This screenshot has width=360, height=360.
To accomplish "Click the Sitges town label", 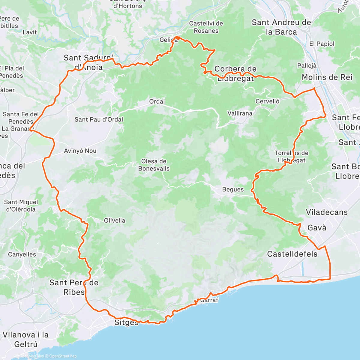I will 126,323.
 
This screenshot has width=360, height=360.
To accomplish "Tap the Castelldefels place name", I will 292,254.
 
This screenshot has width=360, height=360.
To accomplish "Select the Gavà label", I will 317,228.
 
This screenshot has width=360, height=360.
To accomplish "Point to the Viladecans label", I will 327,212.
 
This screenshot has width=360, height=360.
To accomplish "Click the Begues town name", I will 233,190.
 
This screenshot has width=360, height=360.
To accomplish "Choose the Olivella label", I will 115,220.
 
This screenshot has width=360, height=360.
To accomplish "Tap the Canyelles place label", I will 22,254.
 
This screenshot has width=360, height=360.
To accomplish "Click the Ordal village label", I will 157,102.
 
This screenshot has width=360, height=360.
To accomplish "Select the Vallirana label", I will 240,113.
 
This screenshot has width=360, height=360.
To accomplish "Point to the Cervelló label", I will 267,101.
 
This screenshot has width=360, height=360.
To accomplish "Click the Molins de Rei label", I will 327,77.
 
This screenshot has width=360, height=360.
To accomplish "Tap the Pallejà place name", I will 307,66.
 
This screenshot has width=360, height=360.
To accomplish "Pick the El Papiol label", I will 322,44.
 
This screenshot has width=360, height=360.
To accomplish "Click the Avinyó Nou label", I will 80,151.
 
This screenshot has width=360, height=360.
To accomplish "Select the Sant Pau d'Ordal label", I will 99,119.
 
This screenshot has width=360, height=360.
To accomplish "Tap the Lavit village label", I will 30,32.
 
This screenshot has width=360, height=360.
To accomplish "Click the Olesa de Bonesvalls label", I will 154,165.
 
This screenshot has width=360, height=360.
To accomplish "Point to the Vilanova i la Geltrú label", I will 25,339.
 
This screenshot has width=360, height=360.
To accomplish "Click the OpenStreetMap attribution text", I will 63,356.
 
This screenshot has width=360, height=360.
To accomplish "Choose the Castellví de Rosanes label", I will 206,27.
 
